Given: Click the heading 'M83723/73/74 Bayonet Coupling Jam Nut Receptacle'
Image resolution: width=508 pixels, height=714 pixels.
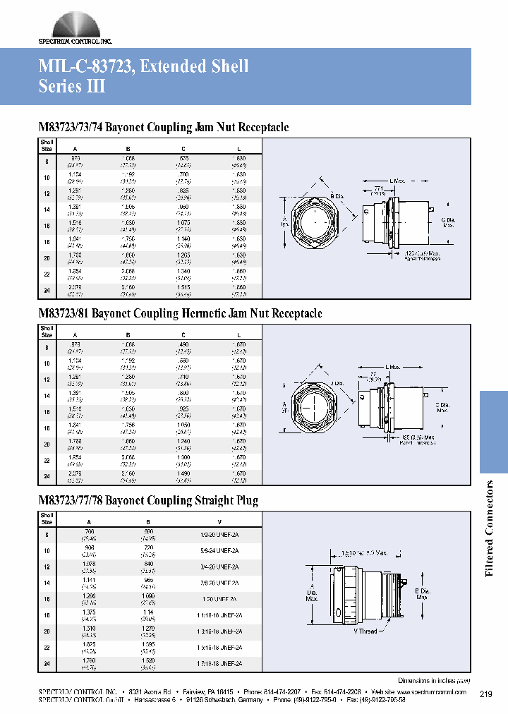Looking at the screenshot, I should pos(163,128).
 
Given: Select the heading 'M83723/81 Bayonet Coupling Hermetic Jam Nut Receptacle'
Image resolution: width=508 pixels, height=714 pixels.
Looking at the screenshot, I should pos(180,313).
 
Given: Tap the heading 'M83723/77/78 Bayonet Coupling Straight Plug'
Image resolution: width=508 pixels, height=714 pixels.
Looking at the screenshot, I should pos(148,501).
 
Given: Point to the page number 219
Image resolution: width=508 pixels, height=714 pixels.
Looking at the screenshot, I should pos(486,694).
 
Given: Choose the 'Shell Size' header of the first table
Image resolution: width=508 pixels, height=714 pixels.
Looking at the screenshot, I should pos(47,145).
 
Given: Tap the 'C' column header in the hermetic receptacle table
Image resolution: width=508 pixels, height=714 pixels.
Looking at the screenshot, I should pos(182,334).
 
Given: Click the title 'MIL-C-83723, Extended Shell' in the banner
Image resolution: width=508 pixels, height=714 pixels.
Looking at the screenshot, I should pos(143,67).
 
